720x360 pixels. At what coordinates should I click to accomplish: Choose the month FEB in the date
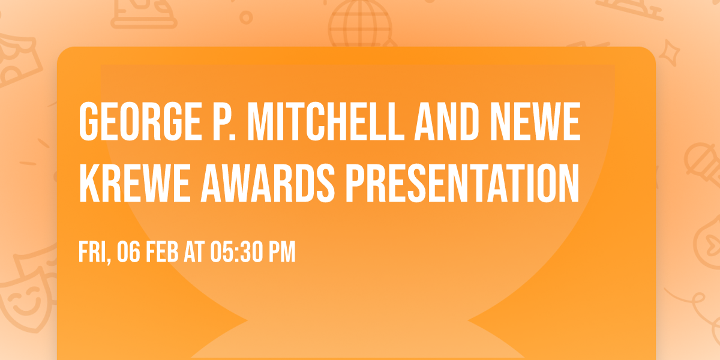[162, 253]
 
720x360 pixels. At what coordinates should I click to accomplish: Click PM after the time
[282, 253]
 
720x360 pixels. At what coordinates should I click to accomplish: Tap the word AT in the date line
[194, 253]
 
